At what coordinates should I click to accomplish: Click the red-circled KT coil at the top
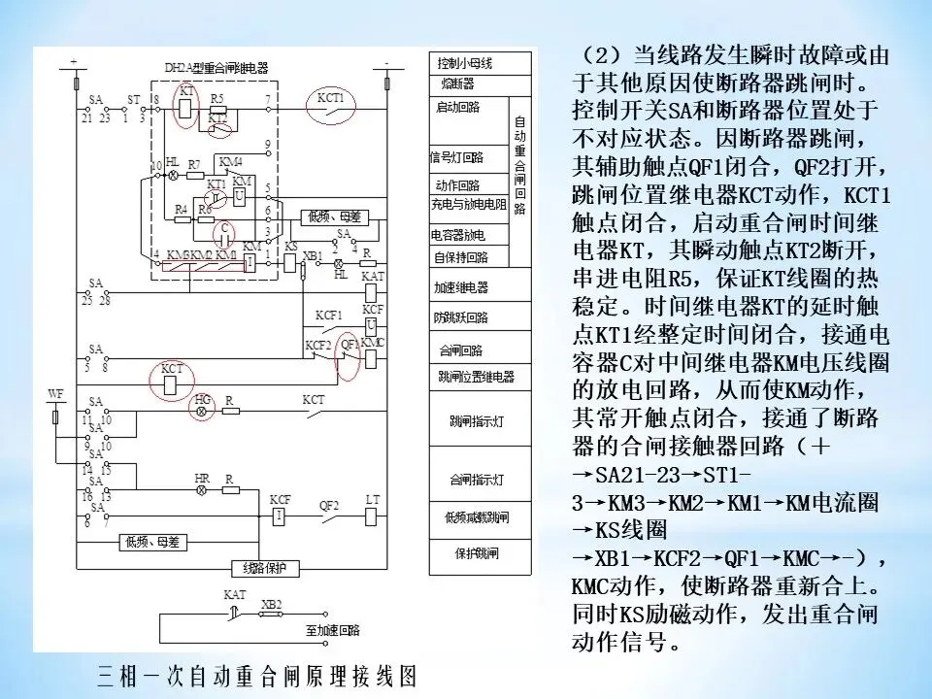[185, 105]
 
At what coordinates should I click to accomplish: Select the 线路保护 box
[261, 568]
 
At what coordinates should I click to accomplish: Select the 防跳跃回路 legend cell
[462, 317]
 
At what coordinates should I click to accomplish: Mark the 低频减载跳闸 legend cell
[477, 517]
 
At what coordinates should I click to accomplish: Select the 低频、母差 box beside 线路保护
[151, 541]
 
